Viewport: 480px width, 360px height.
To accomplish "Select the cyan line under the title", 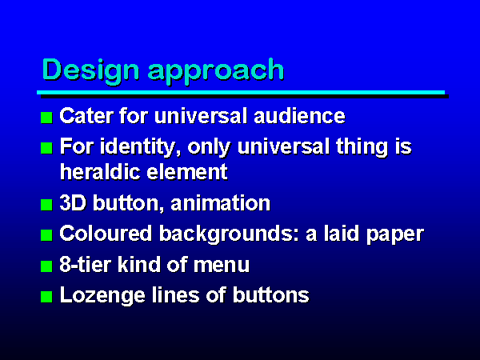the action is coord(241,93).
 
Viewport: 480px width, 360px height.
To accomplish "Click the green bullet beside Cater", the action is coord(46,118).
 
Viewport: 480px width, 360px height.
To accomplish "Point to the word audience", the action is coord(299,116).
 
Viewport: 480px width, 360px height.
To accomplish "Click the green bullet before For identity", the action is coord(46,148).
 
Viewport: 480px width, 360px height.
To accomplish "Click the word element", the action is coord(187,172).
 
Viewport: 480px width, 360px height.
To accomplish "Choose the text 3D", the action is coord(73,202).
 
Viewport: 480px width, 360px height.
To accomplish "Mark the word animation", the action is coord(221,203).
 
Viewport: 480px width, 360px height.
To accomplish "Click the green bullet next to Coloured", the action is coord(46,235).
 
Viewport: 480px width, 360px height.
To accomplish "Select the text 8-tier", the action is coord(85,264).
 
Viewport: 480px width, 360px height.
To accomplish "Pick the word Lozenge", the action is coord(102,296).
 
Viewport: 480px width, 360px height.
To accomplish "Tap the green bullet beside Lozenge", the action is coord(46,297).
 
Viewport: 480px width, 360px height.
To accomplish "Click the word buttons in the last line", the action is coord(271,294).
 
